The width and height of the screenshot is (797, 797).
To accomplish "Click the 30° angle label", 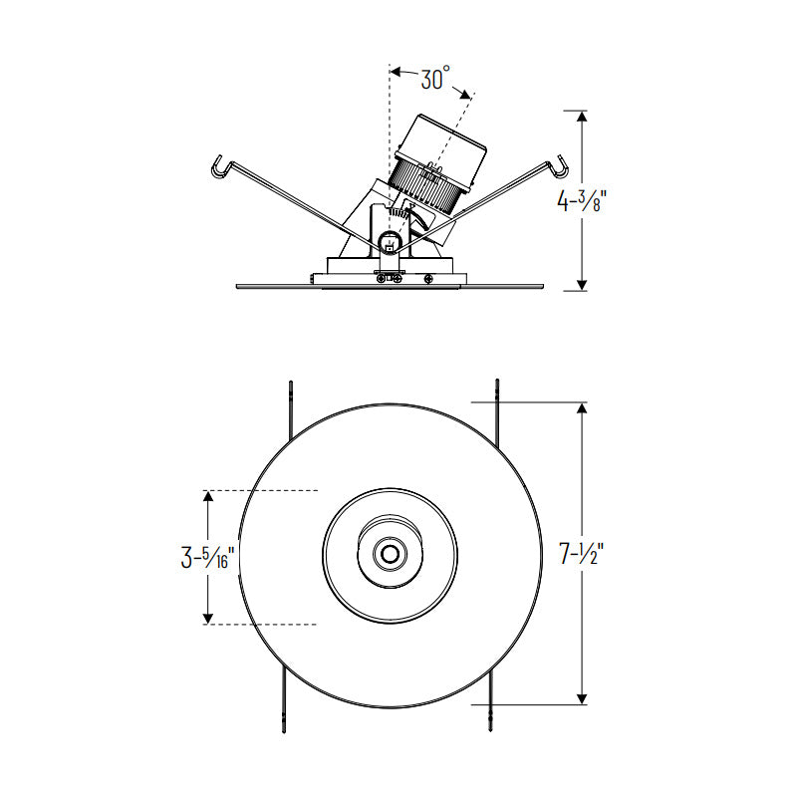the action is click(x=435, y=79).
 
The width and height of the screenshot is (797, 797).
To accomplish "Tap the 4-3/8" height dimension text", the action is click(x=581, y=200).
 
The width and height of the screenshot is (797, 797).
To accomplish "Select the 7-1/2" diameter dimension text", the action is click(x=581, y=554).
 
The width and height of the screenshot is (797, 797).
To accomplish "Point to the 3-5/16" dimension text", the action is click(x=207, y=557).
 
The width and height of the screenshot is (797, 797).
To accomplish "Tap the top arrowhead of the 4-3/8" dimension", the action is click(x=582, y=116).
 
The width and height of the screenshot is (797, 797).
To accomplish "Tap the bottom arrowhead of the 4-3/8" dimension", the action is click(x=582, y=285).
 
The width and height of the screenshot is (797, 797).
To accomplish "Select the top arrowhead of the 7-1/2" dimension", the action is click(x=582, y=408).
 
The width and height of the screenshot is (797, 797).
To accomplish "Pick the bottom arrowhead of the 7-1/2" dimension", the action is click(x=582, y=698).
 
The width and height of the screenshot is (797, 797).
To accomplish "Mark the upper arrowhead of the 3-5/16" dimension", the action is click(x=207, y=496).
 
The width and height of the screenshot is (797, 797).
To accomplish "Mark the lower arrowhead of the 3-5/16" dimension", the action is click(x=207, y=618).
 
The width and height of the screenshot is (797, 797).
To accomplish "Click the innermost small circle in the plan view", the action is click(x=390, y=554).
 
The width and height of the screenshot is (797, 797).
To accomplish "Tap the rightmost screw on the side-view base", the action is click(x=429, y=278).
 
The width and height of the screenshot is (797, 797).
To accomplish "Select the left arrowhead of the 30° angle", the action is click(x=397, y=72).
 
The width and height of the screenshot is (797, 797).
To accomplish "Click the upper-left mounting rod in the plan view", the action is click(x=291, y=411).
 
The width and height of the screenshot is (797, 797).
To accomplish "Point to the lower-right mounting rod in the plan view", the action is click(x=490, y=700).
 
